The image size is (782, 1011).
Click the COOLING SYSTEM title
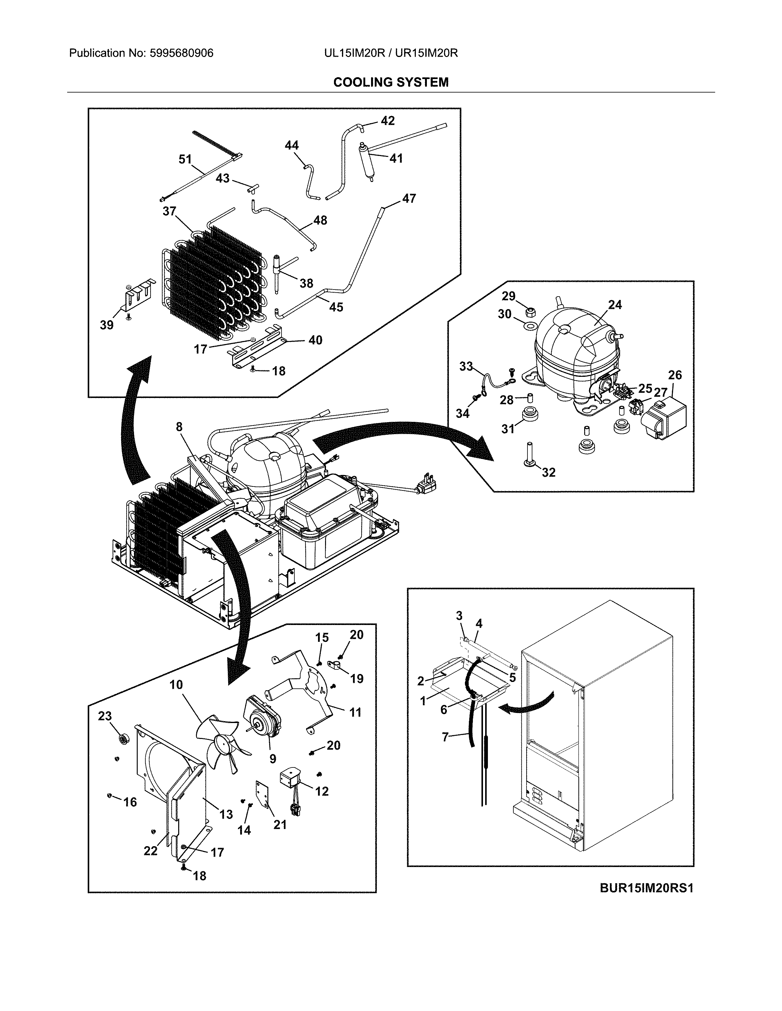(x=390, y=82)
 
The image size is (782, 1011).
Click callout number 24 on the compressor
(x=615, y=305)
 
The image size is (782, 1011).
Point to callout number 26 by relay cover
(x=675, y=375)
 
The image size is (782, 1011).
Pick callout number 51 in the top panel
(x=185, y=159)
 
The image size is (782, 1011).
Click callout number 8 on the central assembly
(x=179, y=426)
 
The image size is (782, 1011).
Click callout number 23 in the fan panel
(x=105, y=716)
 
